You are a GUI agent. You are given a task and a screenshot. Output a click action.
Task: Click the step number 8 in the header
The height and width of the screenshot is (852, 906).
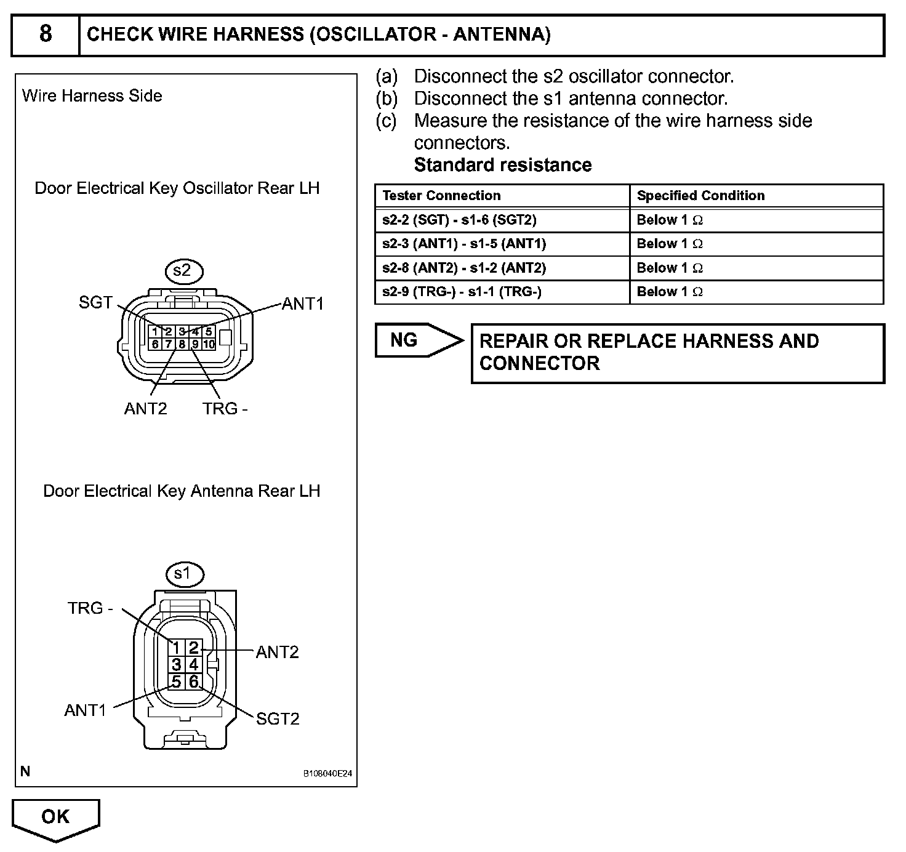click(46, 34)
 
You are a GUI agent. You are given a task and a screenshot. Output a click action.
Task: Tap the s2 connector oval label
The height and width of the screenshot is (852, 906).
click(183, 271)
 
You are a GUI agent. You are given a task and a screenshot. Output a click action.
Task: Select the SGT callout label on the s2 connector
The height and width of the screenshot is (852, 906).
click(96, 302)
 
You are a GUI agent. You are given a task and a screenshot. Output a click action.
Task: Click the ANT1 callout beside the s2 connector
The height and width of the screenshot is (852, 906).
click(302, 303)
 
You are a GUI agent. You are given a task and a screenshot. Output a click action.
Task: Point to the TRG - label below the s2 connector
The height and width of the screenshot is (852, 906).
click(225, 409)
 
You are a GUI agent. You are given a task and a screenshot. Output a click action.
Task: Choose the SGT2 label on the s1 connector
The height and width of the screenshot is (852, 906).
click(278, 718)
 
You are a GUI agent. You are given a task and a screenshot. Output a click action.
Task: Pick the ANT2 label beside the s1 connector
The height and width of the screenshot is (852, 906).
click(277, 652)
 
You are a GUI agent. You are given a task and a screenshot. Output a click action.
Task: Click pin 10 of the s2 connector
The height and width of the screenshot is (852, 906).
click(209, 344)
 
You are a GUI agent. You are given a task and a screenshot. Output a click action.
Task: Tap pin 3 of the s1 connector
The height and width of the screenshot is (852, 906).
click(177, 665)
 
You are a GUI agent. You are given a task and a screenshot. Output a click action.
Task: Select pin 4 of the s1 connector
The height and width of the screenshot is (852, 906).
click(193, 665)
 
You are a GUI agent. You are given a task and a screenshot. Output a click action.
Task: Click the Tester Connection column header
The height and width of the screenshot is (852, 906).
click(441, 196)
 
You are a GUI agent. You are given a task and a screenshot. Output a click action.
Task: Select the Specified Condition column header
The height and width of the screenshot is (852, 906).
click(700, 196)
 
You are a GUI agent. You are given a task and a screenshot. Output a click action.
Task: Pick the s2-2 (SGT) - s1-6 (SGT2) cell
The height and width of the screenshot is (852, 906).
click(459, 220)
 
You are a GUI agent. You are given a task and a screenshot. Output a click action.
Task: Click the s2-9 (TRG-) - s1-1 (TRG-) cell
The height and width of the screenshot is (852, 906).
click(462, 292)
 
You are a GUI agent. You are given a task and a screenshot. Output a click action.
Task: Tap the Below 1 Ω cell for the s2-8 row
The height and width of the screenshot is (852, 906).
click(670, 268)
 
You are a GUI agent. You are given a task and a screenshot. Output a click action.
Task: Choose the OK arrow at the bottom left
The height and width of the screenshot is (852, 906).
click(55, 818)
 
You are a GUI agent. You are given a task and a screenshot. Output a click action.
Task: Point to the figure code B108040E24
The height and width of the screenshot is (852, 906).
click(327, 774)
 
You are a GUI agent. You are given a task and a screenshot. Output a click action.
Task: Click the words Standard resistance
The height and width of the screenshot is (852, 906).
click(503, 165)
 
